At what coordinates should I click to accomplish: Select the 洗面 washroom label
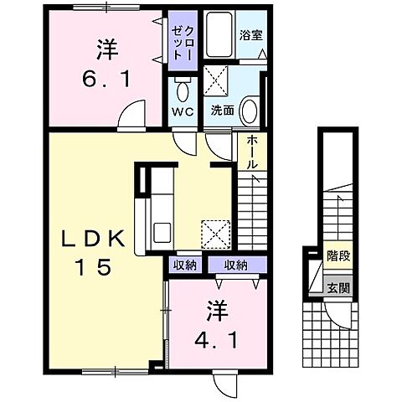pos(222,110)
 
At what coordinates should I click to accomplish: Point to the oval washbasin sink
pos(248,110)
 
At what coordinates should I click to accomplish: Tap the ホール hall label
pos(251,153)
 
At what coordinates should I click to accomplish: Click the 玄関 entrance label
pos(338,287)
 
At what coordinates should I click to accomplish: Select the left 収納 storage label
pos(186,265)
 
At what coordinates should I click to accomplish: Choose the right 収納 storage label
pos(235,265)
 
